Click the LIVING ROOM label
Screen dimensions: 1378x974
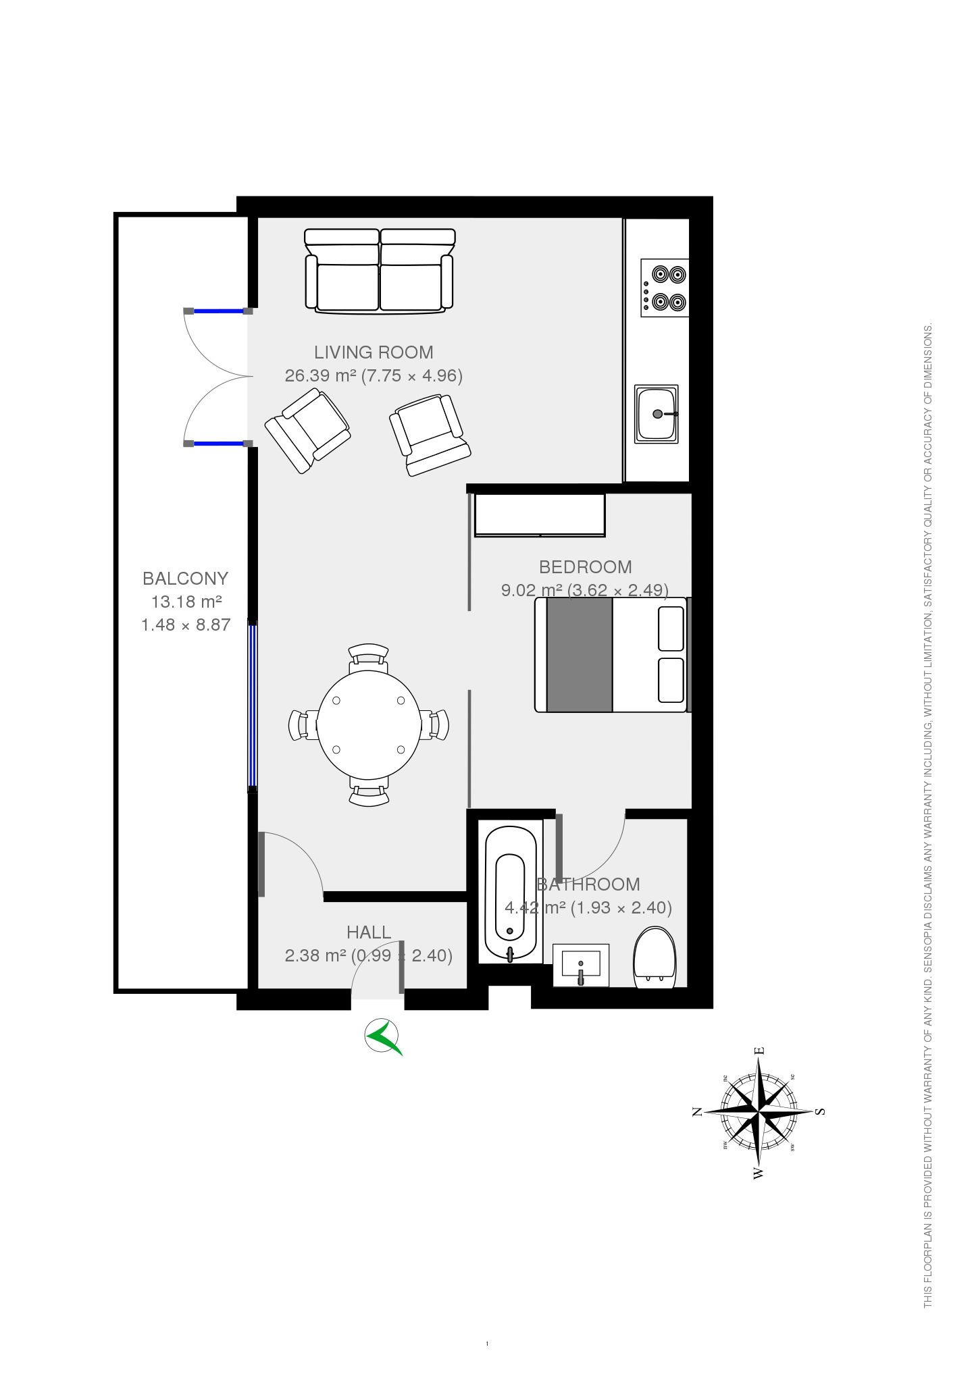coord(374,352)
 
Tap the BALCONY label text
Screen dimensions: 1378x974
coord(185,578)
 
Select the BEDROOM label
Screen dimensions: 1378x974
coord(585,566)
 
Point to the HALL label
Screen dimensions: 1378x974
coord(368,932)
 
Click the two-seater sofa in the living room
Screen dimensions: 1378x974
coord(380,271)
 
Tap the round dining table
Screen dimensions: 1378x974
coord(369,724)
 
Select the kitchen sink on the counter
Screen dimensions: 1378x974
coord(656,414)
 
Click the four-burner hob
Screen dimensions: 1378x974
coord(665,288)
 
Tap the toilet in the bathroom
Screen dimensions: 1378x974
coord(655,957)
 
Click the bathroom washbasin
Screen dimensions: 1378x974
coord(581,964)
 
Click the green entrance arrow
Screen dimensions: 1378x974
coord(383,1036)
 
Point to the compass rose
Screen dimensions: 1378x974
coord(759,1111)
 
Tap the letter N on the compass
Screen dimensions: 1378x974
coord(697,1111)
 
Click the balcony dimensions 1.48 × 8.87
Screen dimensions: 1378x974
coord(186,625)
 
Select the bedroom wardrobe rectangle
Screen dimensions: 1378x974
coord(540,514)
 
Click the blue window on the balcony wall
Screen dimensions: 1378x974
coord(253,706)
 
